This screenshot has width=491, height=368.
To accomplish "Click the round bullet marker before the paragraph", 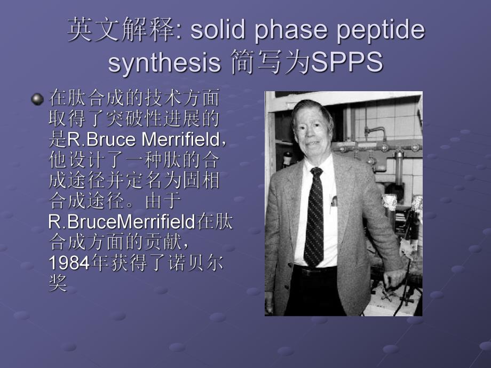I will [x=37, y=99].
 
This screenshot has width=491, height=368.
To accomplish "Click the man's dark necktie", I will [x=314, y=219].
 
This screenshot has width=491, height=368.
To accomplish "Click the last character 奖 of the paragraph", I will [x=58, y=283].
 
